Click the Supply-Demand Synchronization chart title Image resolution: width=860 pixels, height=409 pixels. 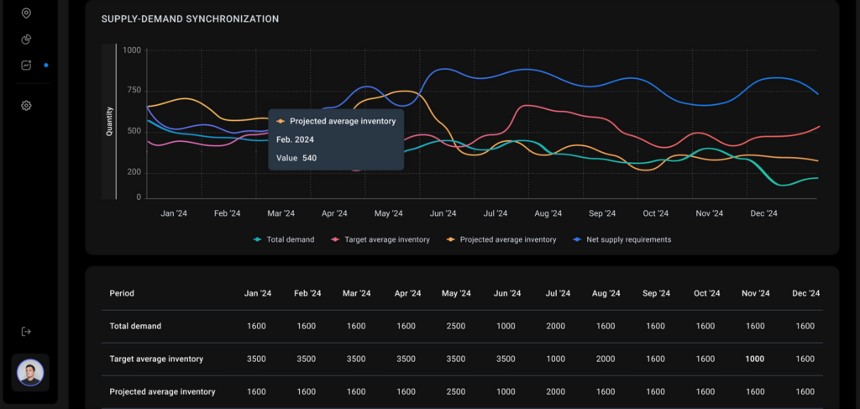pyautogui.click(x=190, y=19)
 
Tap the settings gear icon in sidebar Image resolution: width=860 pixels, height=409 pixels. pyautogui.click(x=26, y=105)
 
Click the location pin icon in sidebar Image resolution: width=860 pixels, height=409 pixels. pyautogui.click(x=26, y=13)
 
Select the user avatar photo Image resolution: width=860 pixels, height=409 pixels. pyautogui.click(x=30, y=373)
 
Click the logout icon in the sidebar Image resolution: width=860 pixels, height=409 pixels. pyautogui.click(x=26, y=331)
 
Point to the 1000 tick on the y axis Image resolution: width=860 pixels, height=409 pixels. pyautogui.click(x=132, y=50)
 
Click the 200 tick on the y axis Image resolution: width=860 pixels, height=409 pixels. pyautogui.click(x=134, y=173)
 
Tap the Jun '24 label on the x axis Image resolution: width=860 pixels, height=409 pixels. pyautogui.click(x=443, y=213)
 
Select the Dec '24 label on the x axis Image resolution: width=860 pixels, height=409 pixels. pyautogui.click(x=763, y=213)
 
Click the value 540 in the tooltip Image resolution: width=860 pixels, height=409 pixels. pyautogui.click(x=309, y=158)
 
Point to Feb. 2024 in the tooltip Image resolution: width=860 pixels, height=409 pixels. pyautogui.click(x=295, y=139)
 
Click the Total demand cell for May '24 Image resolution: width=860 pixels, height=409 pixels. pyautogui.click(x=456, y=326)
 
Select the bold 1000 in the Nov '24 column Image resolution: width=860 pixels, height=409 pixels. pyautogui.click(x=755, y=359)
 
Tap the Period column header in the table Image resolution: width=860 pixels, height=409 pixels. pyautogui.click(x=122, y=293)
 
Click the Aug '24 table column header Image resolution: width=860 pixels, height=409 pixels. pyautogui.click(x=606, y=293)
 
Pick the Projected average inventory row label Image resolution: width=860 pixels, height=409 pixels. pyautogui.click(x=162, y=392)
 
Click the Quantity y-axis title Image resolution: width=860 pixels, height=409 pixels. pyautogui.click(x=109, y=121)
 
